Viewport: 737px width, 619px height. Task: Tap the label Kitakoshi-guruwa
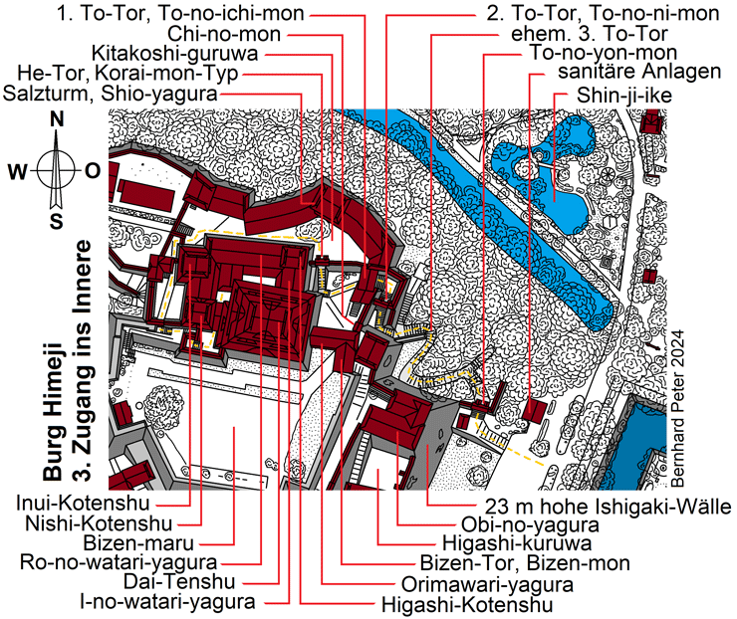click(x=174, y=53)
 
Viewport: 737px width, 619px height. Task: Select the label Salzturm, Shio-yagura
click(x=113, y=93)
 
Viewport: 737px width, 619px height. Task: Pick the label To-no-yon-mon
click(x=604, y=52)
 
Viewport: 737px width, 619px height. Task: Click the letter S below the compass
click(x=57, y=220)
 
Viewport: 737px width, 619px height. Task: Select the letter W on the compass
click(x=18, y=170)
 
